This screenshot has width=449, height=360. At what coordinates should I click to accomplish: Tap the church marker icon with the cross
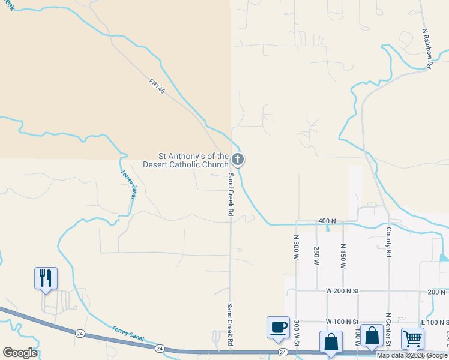pyautogui.click(x=238, y=160)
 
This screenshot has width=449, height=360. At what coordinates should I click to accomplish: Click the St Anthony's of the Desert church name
pyautogui.click(x=186, y=160)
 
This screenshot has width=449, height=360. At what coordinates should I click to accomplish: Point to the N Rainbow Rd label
pyautogui.click(x=427, y=48)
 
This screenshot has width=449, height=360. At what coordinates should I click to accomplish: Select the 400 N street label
pyautogui.click(x=327, y=221)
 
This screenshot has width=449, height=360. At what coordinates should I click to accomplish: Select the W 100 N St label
pyautogui.click(x=342, y=322)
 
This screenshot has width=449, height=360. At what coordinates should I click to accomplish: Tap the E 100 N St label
pyautogui.click(x=435, y=322)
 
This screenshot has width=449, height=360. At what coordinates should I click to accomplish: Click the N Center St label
pyautogui.click(x=388, y=330)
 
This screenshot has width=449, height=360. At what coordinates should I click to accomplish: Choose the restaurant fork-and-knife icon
pyautogui.click(x=46, y=278)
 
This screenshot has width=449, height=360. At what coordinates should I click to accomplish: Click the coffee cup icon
pyautogui.click(x=278, y=328)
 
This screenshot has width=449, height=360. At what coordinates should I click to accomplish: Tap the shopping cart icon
pyautogui.click(x=412, y=339)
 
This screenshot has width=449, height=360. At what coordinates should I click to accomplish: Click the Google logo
pyautogui.click(x=20, y=353)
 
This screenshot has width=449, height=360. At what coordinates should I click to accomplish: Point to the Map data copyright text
pyautogui.click(x=412, y=355)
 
